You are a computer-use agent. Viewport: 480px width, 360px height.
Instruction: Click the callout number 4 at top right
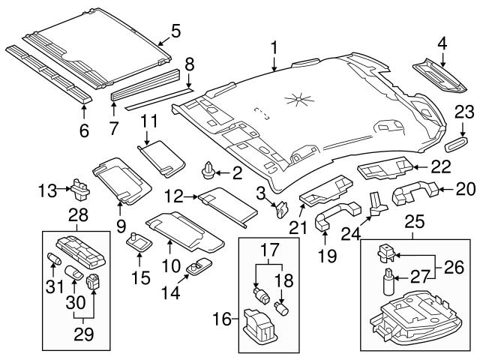(442, 44)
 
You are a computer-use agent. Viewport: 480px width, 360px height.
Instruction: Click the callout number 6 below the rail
(84, 130)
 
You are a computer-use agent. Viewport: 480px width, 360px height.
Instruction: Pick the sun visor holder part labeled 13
(77, 184)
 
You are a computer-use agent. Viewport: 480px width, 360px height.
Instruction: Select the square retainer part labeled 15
(138, 242)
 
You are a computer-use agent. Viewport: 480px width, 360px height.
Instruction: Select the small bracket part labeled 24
(376, 203)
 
